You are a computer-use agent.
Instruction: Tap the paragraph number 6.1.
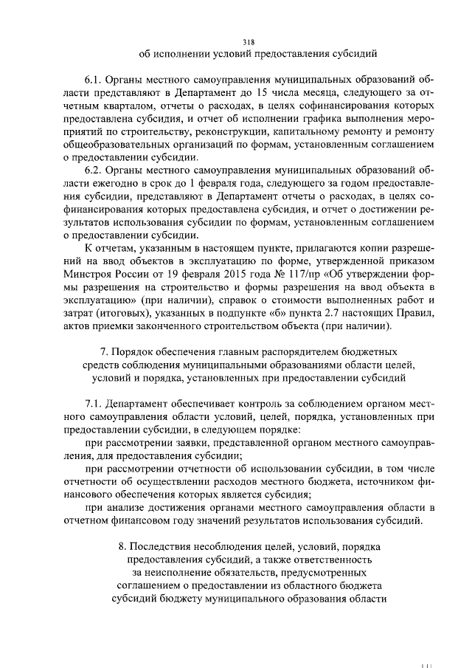[x=94, y=76]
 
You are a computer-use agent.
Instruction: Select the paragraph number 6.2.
[x=94, y=170]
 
